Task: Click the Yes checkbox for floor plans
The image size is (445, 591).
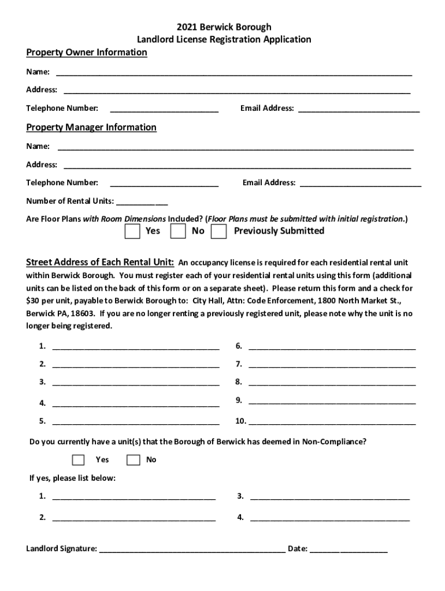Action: [x=132, y=231]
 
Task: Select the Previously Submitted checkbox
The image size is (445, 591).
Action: [x=218, y=231]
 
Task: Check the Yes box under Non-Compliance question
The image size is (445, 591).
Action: [x=78, y=460]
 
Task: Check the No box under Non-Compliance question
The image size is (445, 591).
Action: [x=133, y=460]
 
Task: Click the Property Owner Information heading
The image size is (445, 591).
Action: [x=87, y=53]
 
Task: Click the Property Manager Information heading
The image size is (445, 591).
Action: [x=91, y=127]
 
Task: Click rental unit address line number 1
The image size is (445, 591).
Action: [x=136, y=347]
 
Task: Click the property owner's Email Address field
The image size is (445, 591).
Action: [x=359, y=109]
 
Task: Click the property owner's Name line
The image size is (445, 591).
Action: [x=234, y=73]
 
